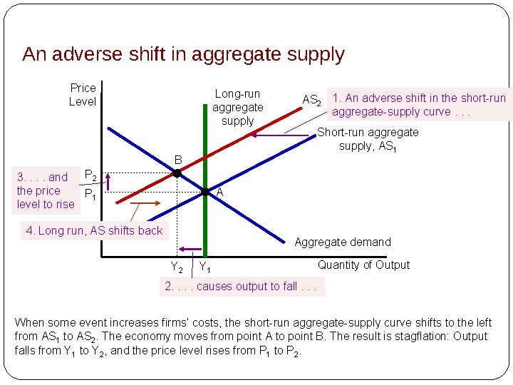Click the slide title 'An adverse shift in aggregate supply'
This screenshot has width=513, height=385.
[x=183, y=54]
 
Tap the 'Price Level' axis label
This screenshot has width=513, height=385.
[x=83, y=94]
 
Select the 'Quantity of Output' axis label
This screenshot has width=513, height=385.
[x=363, y=265]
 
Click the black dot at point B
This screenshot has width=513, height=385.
[x=177, y=173]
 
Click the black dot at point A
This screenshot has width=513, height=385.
[x=205, y=192]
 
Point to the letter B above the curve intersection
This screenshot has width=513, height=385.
[x=179, y=160]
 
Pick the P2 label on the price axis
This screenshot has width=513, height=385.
[x=90, y=175]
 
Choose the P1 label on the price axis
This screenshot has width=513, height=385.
[x=90, y=194]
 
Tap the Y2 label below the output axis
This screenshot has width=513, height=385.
[x=176, y=268]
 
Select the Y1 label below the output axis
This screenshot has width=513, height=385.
[x=204, y=268]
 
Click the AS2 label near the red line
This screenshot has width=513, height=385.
[x=311, y=100]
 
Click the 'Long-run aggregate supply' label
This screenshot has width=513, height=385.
[x=238, y=107]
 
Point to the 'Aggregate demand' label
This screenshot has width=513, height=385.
[x=343, y=242]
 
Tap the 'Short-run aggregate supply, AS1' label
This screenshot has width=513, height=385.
[x=368, y=139]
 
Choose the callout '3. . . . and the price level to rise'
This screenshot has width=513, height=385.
[x=46, y=190]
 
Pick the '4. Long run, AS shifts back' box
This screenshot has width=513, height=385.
[x=94, y=230]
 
